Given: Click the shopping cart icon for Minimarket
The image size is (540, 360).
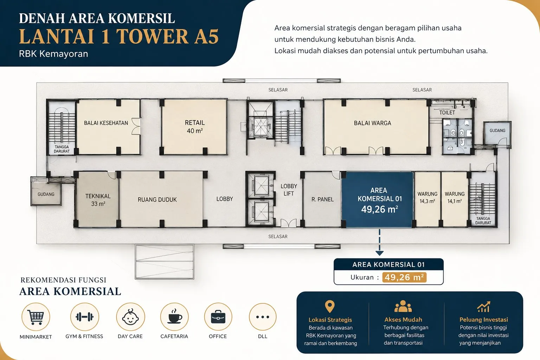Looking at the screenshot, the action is [x=36, y=317].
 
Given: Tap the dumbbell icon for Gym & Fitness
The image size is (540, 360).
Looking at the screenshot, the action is [x=84, y=317].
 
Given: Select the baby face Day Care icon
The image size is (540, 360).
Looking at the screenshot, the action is [x=130, y=317].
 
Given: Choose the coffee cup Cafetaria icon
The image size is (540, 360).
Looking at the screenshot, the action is [x=174, y=316].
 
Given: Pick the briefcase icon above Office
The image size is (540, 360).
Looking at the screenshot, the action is [x=218, y=317].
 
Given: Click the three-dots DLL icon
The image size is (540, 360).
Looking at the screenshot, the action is [x=263, y=317].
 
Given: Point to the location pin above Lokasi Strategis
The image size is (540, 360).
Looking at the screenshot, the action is [x=329, y=307].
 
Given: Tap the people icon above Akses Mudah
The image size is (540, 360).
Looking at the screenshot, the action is [x=403, y=307].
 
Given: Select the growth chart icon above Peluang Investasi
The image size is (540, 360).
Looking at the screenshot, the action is [x=483, y=307].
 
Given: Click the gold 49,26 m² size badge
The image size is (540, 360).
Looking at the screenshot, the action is [x=404, y=277].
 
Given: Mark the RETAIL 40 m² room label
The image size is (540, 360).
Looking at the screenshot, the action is [x=195, y=127].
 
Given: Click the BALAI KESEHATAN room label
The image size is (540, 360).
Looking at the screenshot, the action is [x=106, y=123].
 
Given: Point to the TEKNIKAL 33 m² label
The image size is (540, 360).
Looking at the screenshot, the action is [x=98, y=200].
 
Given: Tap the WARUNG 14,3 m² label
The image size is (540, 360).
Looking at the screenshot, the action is [x=427, y=198].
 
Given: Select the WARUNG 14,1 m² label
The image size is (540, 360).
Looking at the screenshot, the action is [x=455, y=198].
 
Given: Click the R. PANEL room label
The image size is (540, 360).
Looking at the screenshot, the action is [x=322, y=199].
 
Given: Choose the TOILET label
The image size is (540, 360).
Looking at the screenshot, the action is [x=447, y=112].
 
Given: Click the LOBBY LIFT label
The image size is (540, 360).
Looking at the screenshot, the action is [x=289, y=190].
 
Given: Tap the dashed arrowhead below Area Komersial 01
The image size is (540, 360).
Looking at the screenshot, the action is [x=379, y=253].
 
